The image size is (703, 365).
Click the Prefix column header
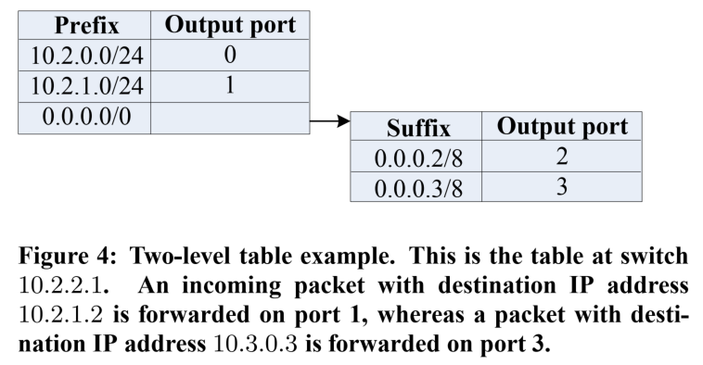pos(87,26)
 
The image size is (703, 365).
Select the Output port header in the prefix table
pos(230,26)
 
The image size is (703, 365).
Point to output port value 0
pos(230,56)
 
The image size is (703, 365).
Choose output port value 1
pos(230,86)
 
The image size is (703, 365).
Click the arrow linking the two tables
pos(329,120)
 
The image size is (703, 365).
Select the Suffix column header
pos(418,128)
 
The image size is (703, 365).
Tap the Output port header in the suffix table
pos(562,127)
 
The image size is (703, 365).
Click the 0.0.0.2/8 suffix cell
pos(418,157)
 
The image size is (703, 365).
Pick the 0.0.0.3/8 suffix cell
pos(418,187)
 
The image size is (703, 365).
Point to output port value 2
pos(562,157)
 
